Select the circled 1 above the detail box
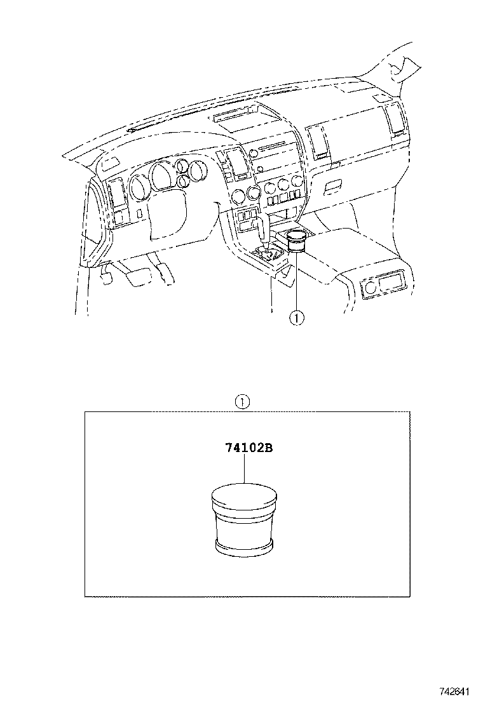(242, 401)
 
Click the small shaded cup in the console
(296, 242)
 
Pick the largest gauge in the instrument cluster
(163, 178)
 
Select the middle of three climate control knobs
(271, 187)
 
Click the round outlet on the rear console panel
(369, 288)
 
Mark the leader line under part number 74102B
(244, 470)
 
